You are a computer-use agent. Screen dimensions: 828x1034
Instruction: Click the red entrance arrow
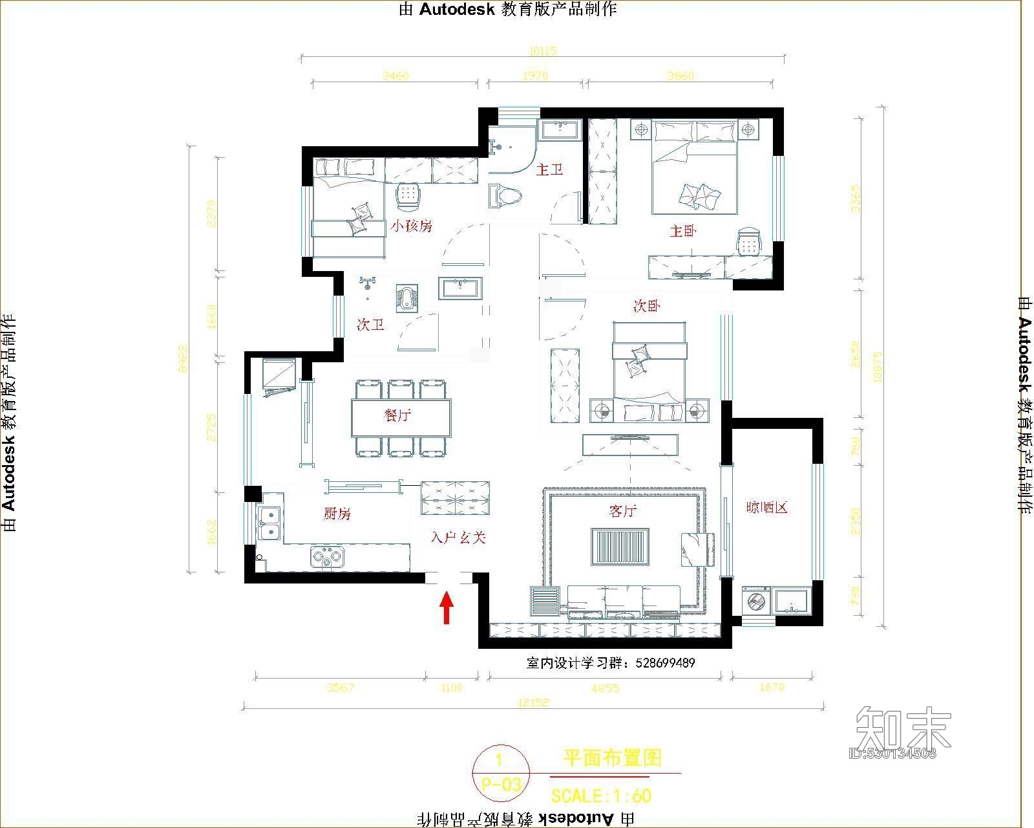click(x=446, y=609)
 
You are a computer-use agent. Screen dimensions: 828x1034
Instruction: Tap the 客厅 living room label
click(x=622, y=511)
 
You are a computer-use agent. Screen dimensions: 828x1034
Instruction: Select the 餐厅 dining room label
click(x=397, y=416)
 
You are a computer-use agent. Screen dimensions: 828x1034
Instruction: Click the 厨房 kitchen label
click(x=337, y=514)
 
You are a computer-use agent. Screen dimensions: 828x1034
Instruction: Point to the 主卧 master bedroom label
click(x=682, y=231)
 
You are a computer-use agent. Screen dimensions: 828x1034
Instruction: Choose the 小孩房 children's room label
click(x=411, y=226)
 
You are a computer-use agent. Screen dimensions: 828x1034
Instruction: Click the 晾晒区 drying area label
click(x=766, y=507)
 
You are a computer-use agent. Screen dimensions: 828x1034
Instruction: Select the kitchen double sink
click(x=269, y=523)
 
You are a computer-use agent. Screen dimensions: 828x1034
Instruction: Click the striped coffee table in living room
click(x=620, y=547)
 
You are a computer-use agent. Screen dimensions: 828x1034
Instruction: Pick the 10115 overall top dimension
click(x=542, y=51)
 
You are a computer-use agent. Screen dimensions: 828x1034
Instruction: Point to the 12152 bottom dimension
click(x=533, y=703)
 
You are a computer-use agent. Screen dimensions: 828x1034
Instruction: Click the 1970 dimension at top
click(x=534, y=76)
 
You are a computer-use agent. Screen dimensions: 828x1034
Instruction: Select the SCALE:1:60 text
click(x=601, y=795)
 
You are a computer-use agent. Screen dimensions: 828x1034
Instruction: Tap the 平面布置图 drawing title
click(x=612, y=758)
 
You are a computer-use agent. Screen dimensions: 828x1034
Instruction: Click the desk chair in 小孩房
click(x=408, y=196)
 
